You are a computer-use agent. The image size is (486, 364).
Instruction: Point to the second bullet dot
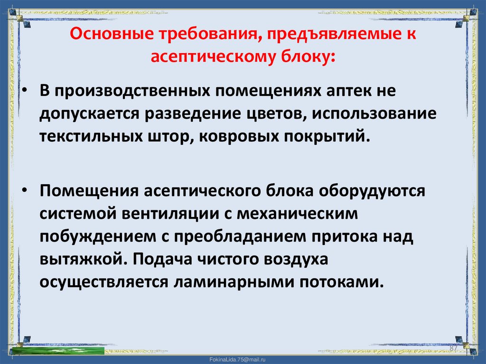[25, 190]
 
